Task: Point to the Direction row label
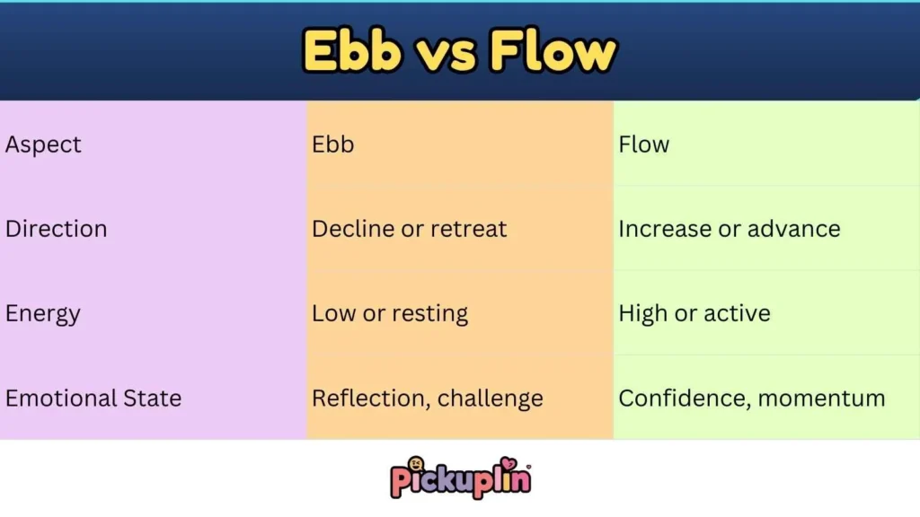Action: pyautogui.click(x=56, y=229)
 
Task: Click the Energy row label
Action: pyautogui.click(x=43, y=313)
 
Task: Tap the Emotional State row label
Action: pyautogui.click(x=93, y=398)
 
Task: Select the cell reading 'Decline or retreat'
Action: pyautogui.click(x=409, y=229)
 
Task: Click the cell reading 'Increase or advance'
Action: pyautogui.click(x=729, y=229)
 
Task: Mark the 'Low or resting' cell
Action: pyautogui.click(x=390, y=313)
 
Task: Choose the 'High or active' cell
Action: pyautogui.click(x=694, y=313)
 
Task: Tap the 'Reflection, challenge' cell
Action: pyautogui.click(x=427, y=398)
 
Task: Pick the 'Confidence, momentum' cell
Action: pyautogui.click(x=751, y=398)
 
